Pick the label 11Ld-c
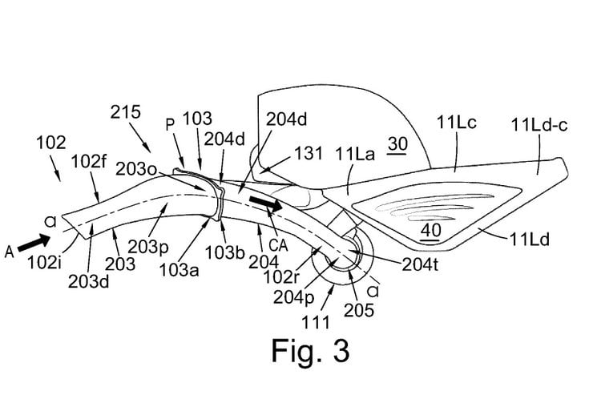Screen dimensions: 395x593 538,125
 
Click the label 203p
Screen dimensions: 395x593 179,242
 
